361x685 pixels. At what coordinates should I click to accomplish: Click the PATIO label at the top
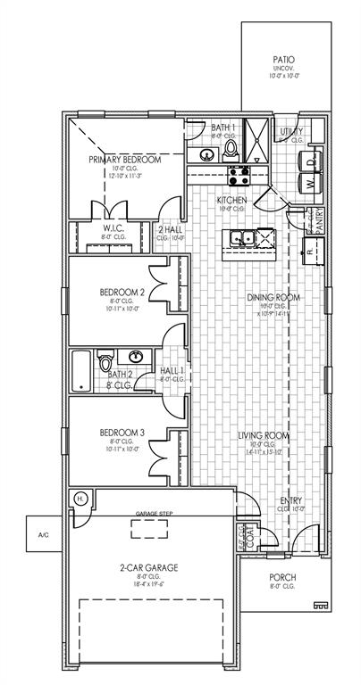pos(283,60)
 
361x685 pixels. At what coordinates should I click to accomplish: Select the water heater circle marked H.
pos(80,498)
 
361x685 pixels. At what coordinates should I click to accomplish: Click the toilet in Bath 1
pos(230,148)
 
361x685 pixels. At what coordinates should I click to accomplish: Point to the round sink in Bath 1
pos(206,154)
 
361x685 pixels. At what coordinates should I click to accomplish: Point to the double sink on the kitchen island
pos(242,237)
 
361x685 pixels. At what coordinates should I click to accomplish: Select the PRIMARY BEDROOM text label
pos(124,159)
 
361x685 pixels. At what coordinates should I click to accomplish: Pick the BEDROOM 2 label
pos(122,292)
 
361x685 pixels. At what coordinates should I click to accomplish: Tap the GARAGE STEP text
pos(153,515)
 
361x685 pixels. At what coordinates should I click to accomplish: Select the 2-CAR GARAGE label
pos(149,567)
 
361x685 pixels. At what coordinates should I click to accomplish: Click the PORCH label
pos(282,577)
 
